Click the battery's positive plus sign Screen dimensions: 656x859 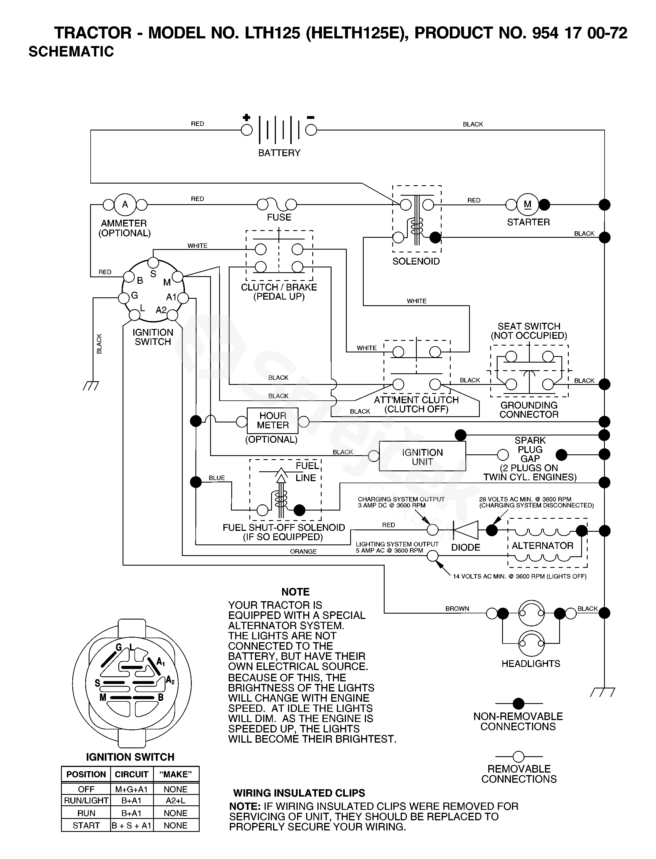[247, 117]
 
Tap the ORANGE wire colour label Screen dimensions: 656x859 [303, 551]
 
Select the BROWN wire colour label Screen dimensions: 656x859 [457, 608]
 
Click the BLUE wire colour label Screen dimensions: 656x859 [217, 478]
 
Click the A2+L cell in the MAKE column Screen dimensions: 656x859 [176, 801]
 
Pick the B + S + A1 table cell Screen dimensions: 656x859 [132, 825]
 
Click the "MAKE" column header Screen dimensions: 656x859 [176, 774]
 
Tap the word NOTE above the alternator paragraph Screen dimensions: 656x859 [296, 592]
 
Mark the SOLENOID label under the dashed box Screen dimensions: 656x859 [416, 261]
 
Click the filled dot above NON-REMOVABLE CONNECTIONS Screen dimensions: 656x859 [518, 704]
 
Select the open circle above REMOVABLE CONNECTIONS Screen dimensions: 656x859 [518, 757]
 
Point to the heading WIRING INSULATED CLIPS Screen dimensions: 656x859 [299, 793]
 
